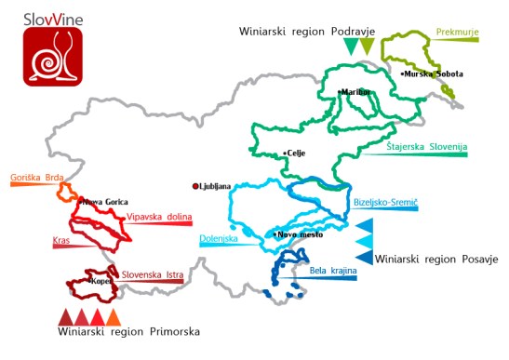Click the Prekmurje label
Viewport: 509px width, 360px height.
pyautogui.click(x=458, y=32)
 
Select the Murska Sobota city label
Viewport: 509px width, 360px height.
pyautogui.click(x=434, y=73)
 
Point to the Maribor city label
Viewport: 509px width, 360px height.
pyautogui.click(x=355, y=92)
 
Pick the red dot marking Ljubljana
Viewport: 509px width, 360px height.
pyautogui.click(x=195, y=185)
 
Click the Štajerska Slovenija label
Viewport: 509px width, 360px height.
pyautogui.click(x=427, y=147)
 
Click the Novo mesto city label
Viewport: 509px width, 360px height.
pyautogui.click(x=301, y=235)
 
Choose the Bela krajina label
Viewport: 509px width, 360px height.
pyautogui.click(x=331, y=271)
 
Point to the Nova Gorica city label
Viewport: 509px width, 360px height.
pyautogui.click(x=105, y=201)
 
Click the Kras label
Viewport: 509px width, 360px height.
pyautogui.click(x=62, y=240)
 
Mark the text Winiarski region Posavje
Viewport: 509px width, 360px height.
pyautogui.click(x=436, y=258)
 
